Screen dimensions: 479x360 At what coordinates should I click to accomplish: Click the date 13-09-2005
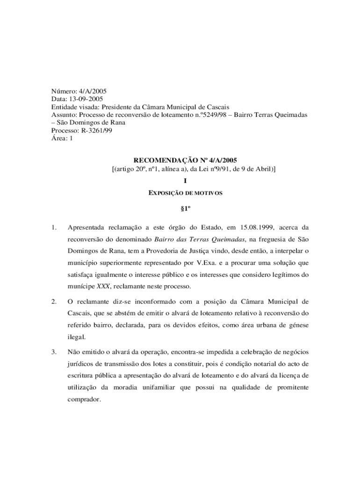[86, 99]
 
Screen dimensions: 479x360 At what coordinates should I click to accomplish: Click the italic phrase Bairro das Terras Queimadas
[195, 239]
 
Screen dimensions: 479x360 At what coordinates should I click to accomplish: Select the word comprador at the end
[84, 400]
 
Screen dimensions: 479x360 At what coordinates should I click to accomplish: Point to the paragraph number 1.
[54, 228]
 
